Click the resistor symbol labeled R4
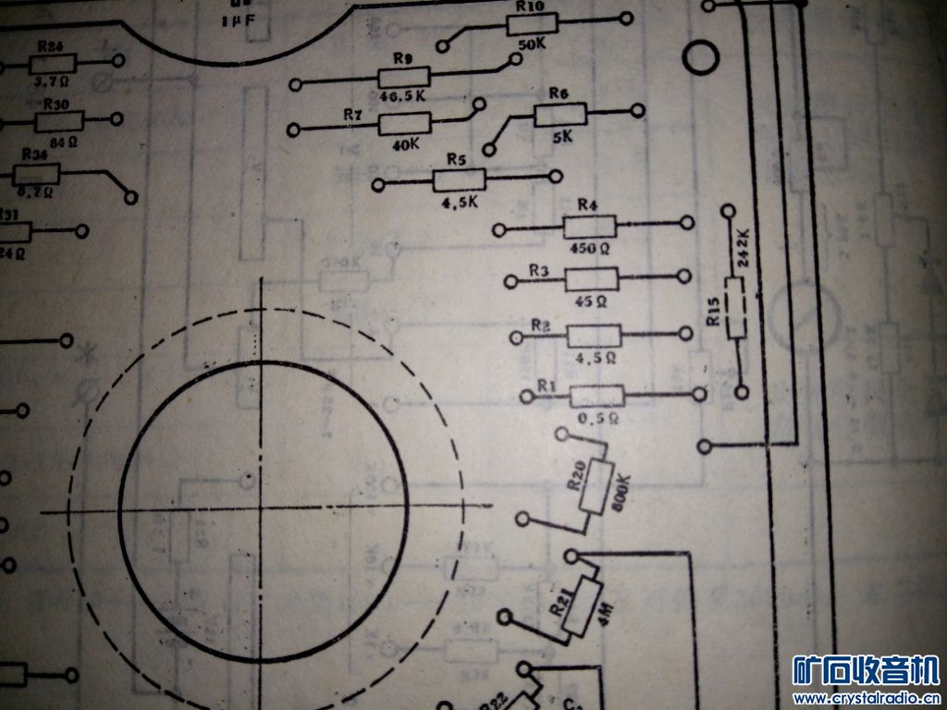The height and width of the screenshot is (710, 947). click(590, 226)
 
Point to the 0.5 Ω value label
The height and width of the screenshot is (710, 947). click(592, 418)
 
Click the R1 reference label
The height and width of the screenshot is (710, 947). click(547, 384)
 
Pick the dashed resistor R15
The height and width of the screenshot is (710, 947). click(736, 306)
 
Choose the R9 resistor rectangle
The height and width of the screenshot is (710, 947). click(404, 78)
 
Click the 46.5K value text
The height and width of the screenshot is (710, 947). click(403, 96)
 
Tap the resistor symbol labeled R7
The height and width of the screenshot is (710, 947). click(405, 123)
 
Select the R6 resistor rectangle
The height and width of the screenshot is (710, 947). click(560, 114)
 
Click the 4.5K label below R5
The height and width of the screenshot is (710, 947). click(460, 202)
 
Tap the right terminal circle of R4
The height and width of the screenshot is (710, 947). click(686, 223)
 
